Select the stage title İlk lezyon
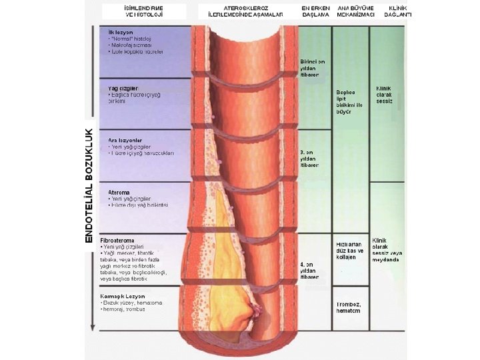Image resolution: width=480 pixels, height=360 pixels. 112,31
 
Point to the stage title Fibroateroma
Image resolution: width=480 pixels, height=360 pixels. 117,240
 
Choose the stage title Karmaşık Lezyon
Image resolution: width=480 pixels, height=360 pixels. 122,295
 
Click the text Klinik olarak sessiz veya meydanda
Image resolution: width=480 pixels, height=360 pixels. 389,250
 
